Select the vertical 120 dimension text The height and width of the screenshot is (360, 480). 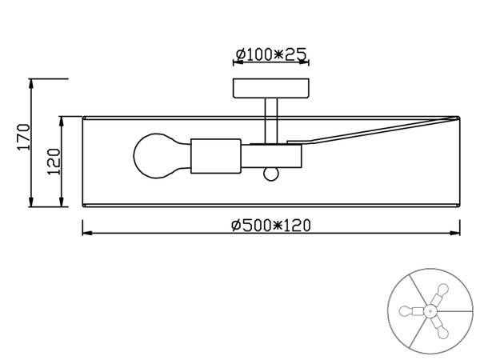[54, 160]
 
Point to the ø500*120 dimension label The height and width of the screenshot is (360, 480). [270, 225]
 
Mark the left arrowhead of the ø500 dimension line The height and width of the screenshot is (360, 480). [87, 234]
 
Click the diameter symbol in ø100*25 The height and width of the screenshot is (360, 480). [240, 54]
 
